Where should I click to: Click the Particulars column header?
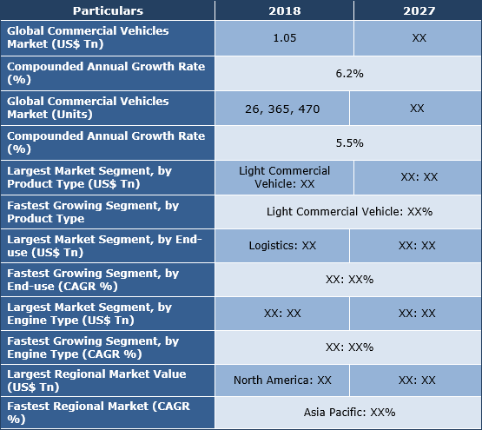[x=108, y=11]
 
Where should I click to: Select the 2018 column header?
[x=284, y=11]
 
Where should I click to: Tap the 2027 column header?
[x=417, y=11]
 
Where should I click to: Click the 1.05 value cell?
[x=284, y=39]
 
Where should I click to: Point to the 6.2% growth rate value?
[x=349, y=75]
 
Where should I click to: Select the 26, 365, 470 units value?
[x=284, y=109]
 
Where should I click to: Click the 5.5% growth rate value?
[x=349, y=142]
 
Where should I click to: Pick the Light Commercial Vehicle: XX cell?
[x=284, y=177]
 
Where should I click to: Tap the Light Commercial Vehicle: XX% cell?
[x=349, y=211]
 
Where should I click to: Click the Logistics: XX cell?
[x=284, y=246]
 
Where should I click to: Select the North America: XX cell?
[x=284, y=380]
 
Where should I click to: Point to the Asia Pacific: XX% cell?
[x=349, y=413]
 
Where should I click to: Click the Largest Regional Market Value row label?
[x=96, y=380]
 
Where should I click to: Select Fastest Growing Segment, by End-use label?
[x=93, y=280]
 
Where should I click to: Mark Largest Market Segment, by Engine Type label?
[x=89, y=314]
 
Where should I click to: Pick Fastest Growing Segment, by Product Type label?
[x=93, y=211]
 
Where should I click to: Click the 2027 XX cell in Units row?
[x=417, y=109]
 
